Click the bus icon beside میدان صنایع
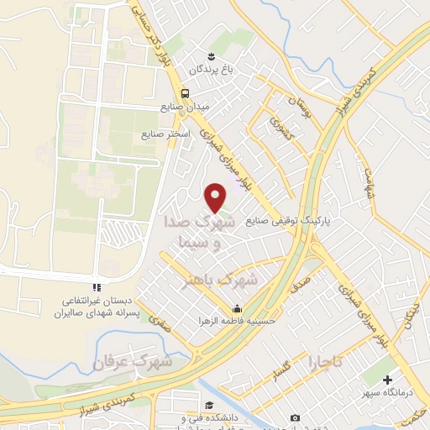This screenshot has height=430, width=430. (185, 93)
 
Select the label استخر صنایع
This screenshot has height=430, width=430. (165, 134)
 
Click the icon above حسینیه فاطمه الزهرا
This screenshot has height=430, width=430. (238, 307)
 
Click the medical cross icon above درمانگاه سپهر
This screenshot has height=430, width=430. (389, 380)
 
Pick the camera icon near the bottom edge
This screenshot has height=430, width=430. (294, 417)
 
